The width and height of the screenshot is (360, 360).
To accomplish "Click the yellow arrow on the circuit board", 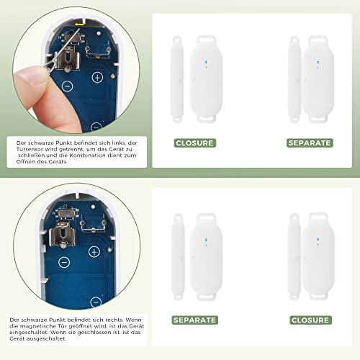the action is tap(79, 24).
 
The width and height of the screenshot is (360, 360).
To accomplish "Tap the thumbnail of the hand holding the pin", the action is tap(76, 70).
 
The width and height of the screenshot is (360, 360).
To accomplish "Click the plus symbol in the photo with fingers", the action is tap(97, 78).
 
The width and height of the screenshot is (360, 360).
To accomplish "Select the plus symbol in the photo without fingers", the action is tap(94, 252).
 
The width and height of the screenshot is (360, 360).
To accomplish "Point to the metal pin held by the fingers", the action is tap(63, 50).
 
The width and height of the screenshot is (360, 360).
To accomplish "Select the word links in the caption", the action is tap(118, 143).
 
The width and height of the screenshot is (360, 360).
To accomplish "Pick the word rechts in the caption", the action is tap(114, 320).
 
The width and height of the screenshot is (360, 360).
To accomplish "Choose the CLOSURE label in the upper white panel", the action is tap(194, 143).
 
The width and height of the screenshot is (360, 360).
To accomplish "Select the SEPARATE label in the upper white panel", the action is tap(310, 143).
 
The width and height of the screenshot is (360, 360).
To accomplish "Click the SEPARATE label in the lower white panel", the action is tap(194, 320).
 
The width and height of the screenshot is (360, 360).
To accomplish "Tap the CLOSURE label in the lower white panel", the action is tap(310, 320).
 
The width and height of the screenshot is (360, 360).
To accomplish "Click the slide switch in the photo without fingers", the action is tap(67, 212).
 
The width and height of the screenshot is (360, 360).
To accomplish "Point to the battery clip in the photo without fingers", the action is tap(62, 235).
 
